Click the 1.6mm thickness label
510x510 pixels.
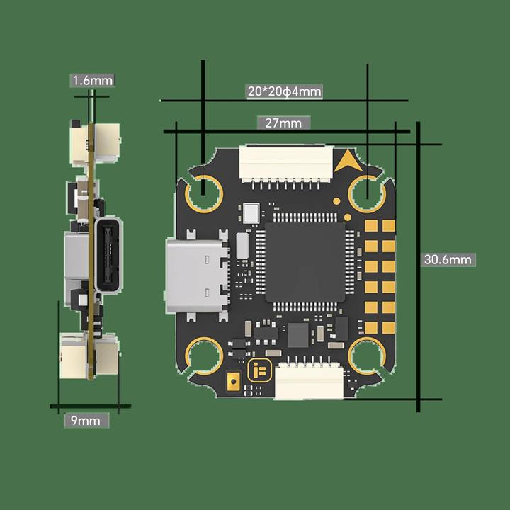pos(92,81)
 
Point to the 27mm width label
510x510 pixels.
pos(283,123)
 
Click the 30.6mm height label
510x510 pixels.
pos(448,259)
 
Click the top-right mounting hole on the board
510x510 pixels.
pos(367,191)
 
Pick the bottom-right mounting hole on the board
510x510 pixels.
pos(368,353)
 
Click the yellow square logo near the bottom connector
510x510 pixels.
pos(259,370)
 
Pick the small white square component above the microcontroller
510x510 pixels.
pos(251,212)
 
